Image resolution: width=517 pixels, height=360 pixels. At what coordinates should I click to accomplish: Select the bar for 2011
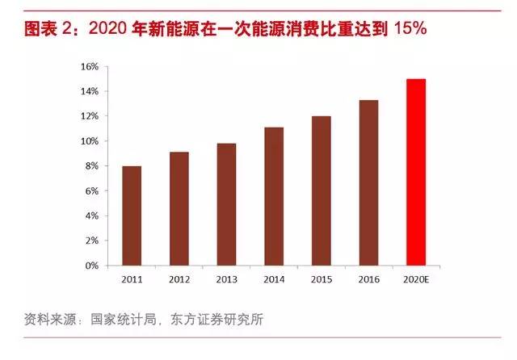click(132, 216)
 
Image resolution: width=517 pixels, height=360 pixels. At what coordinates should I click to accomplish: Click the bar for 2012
click(179, 208)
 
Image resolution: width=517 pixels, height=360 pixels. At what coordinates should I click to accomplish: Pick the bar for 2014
click(273, 196)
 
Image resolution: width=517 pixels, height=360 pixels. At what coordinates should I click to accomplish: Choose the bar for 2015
click(321, 190)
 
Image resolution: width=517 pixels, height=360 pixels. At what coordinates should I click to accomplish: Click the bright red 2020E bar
click(415, 172)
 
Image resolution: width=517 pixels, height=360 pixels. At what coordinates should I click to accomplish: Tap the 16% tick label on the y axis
click(89, 66)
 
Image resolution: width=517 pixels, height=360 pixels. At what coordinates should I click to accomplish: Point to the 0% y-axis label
click(91, 266)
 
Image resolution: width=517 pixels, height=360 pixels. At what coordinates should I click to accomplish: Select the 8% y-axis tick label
click(91, 165)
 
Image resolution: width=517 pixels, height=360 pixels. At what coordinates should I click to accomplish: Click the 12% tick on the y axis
click(89, 116)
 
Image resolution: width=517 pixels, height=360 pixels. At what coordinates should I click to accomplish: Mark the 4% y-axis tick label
click(91, 216)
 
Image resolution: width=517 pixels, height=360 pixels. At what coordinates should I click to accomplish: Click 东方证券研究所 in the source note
click(217, 320)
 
